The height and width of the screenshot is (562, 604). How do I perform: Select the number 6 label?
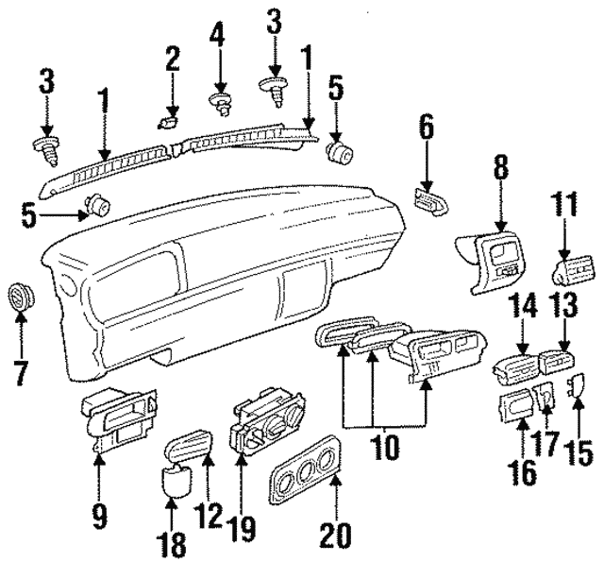coord(426,128)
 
